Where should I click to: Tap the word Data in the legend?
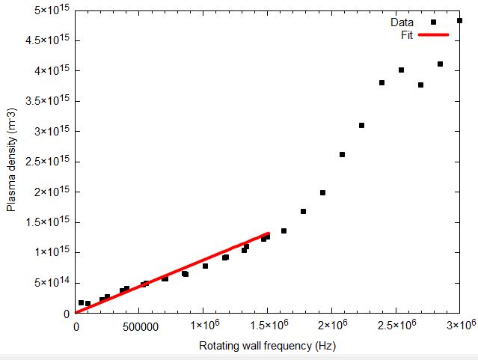[x=413, y=22]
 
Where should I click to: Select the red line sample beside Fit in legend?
[x=433, y=34]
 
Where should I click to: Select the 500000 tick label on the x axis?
[x=140, y=326]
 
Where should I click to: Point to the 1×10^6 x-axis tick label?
[x=204, y=326]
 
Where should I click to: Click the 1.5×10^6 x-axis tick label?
[x=269, y=326]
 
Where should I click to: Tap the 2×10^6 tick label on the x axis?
[x=333, y=326]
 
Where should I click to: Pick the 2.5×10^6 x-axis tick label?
[x=396, y=326]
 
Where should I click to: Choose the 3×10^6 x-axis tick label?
[x=461, y=326]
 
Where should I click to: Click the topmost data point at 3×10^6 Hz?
[x=459, y=21]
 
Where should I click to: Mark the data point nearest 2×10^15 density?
[x=322, y=192]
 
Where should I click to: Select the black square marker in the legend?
[x=433, y=22]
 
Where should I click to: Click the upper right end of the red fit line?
[x=267, y=234]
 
